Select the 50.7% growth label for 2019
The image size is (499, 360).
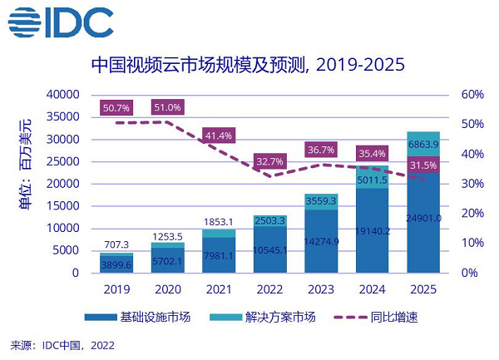[x=116, y=108]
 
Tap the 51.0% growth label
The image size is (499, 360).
[x=166, y=108]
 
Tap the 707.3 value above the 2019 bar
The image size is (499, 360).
[x=116, y=245]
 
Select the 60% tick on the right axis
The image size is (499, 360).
[x=472, y=95]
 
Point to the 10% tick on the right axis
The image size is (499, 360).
[x=472, y=243]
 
